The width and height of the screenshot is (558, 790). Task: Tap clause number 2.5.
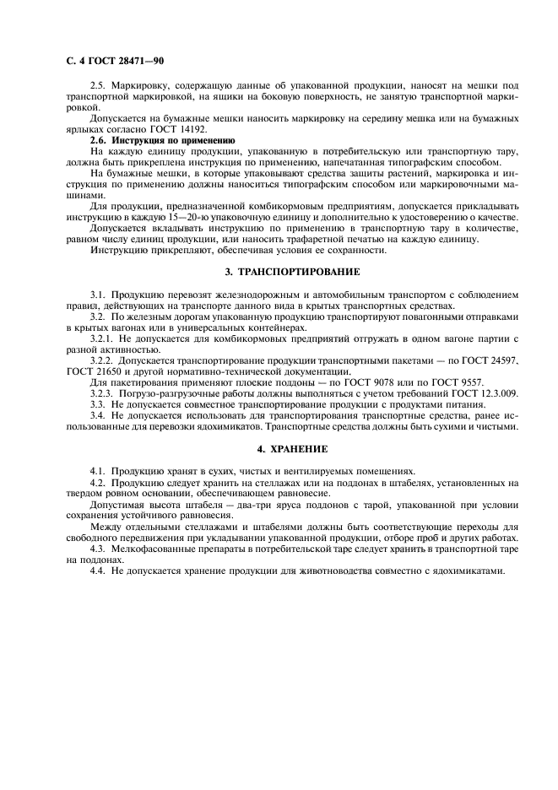coord(100,88)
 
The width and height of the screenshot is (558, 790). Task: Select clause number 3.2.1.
coord(102,338)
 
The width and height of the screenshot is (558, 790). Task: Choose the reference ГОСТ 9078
coord(366,382)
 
